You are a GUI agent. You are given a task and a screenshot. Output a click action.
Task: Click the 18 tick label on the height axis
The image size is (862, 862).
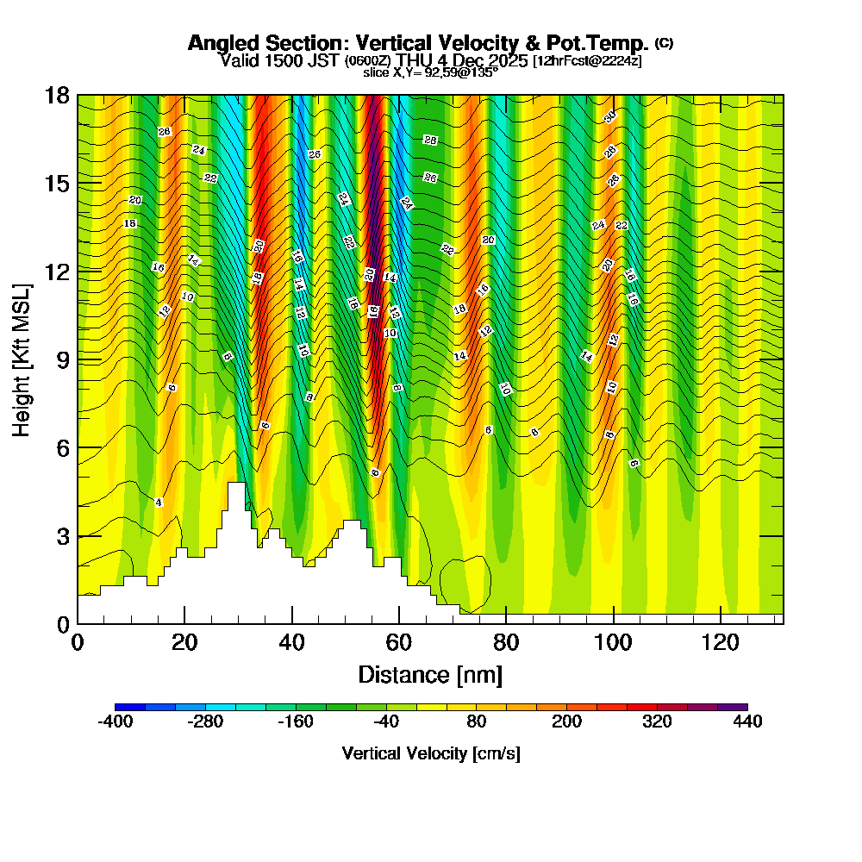(58, 96)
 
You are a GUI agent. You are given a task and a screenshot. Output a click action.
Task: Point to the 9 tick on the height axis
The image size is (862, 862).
(78, 359)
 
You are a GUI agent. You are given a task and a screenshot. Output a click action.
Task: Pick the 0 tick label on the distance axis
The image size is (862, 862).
(78, 643)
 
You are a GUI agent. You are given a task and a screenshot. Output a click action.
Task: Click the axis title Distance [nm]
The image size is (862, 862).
(430, 674)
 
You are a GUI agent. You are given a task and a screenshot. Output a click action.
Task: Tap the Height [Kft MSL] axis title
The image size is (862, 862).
(22, 359)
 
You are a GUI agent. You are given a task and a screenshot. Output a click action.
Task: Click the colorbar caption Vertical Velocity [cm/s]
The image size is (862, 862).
(431, 753)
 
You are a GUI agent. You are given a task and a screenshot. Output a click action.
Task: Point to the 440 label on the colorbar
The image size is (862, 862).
(747, 722)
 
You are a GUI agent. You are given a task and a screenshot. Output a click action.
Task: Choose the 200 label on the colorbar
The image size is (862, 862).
(566, 722)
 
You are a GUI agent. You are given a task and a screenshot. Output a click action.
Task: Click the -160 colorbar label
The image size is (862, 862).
(296, 722)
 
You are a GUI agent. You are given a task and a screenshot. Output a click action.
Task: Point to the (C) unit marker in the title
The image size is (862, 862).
(664, 42)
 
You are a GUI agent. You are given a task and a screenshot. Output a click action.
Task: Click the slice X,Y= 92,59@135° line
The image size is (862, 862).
(430, 72)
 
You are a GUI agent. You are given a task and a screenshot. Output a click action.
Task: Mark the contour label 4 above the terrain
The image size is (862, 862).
(159, 502)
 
